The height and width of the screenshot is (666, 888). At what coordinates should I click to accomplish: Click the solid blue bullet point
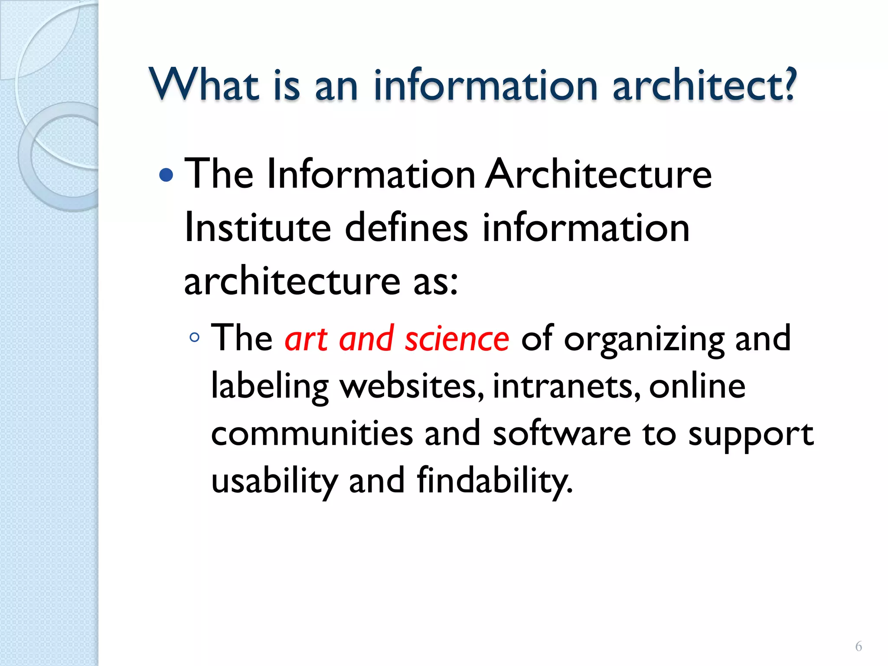[166, 175]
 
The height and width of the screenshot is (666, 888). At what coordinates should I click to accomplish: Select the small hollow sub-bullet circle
[195, 337]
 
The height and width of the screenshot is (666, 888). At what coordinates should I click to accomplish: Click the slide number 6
[858, 646]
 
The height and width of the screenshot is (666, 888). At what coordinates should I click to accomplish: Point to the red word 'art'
[306, 339]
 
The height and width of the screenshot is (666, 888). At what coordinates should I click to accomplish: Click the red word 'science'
[457, 339]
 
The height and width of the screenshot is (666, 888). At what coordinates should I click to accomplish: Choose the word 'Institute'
[258, 228]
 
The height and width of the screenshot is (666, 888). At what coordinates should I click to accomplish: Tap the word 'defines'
[406, 228]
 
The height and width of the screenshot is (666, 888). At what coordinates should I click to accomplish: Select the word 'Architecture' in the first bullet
[598, 174]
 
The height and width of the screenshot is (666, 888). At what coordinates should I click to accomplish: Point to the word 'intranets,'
[566, 386]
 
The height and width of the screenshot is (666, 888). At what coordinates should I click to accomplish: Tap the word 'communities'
[312, 434]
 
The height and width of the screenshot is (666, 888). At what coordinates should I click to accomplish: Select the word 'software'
[562, 434]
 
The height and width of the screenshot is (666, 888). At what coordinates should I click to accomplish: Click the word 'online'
[697, 385]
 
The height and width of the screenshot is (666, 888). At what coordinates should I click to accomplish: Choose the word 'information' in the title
[486, 85]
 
